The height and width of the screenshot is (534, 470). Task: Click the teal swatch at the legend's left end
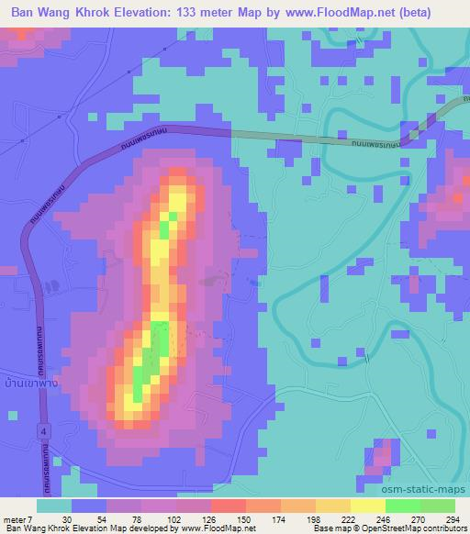pos(54,506)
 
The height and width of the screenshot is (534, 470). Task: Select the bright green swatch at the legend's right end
pos(437,506)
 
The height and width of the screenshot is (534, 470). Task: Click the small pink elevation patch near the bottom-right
pos(383,455)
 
